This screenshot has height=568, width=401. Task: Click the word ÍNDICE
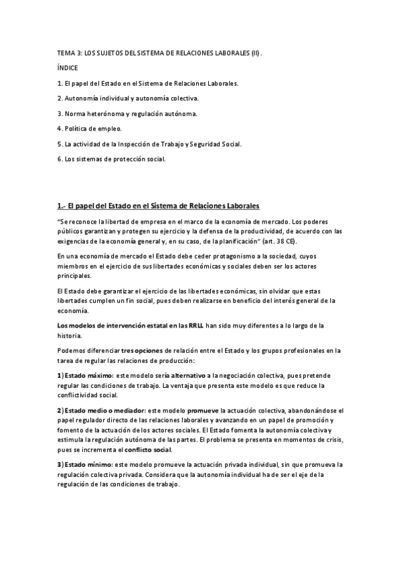[68, 68]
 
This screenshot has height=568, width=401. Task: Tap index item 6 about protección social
[110, 159]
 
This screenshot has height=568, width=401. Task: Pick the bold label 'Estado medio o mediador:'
[107, 410]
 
